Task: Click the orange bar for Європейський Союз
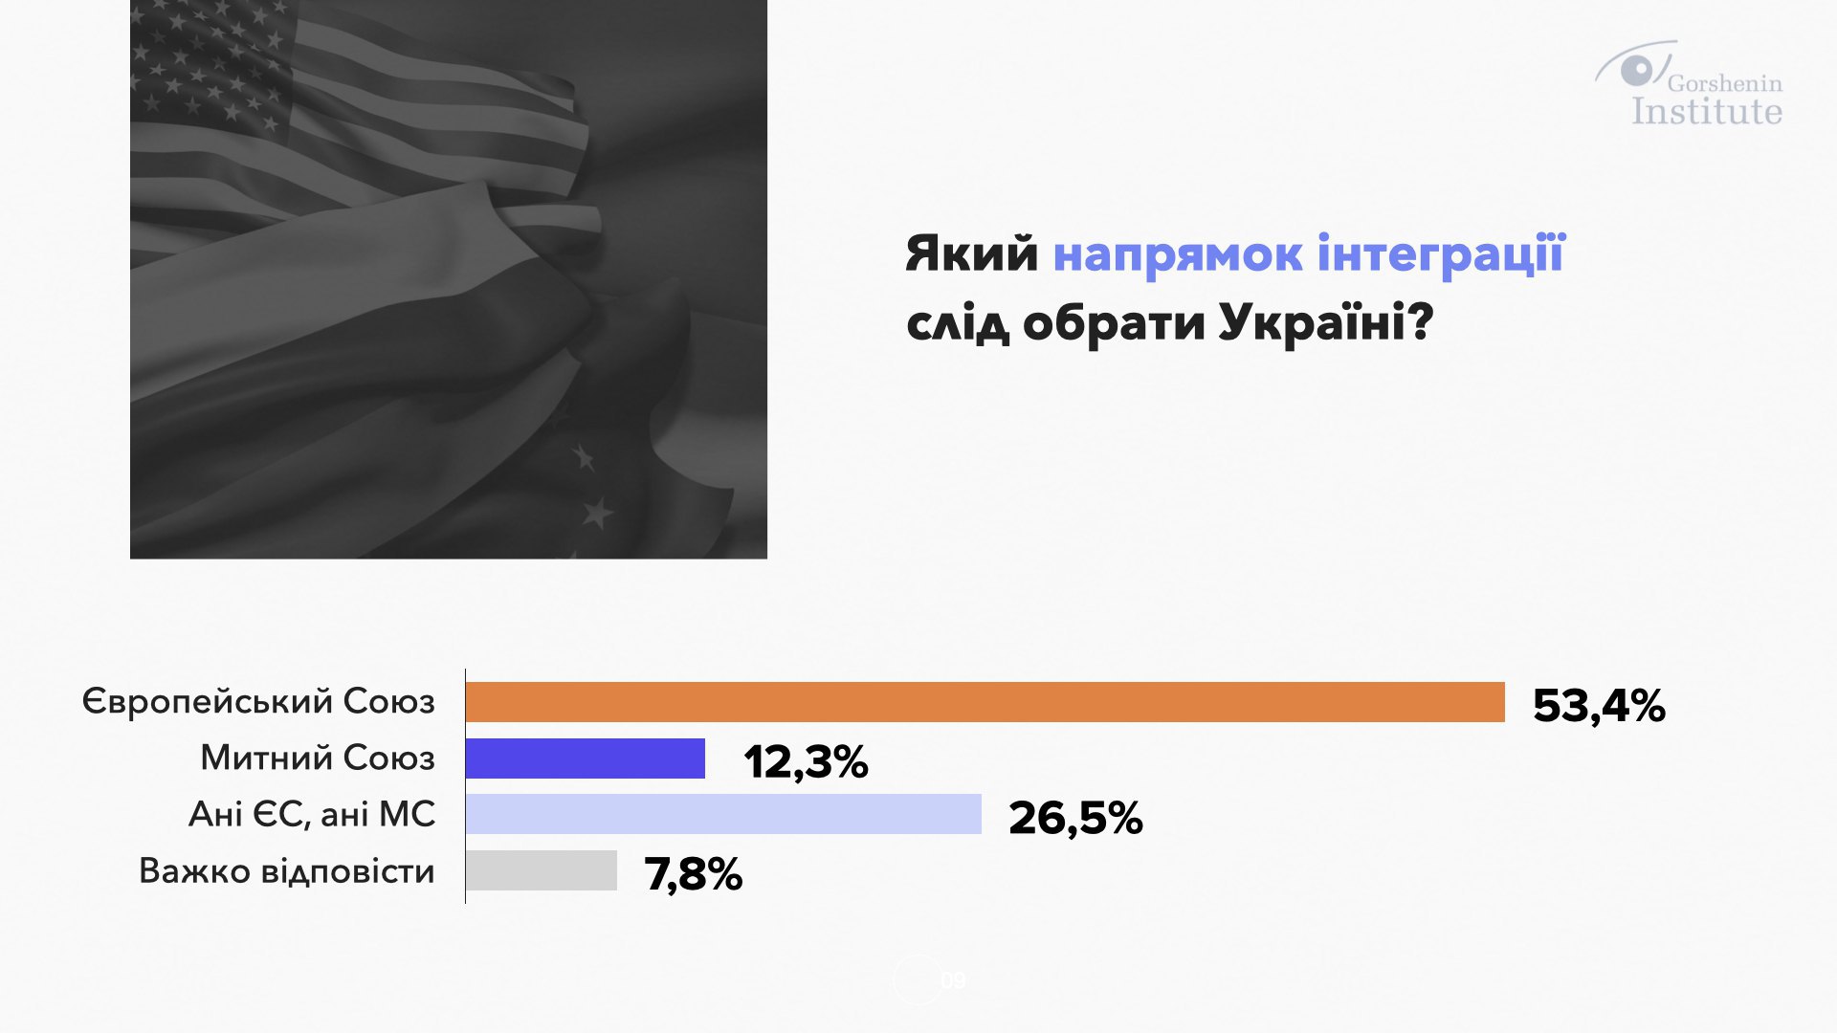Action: point(985,702)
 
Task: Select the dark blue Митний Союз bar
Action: point(586,758)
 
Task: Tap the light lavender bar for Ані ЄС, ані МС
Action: point(723,814)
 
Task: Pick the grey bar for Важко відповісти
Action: point(542,870)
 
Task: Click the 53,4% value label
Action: point(1599,707)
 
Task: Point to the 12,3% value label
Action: point(806,762)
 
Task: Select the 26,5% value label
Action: point(1075,819)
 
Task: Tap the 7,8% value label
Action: point(694,874)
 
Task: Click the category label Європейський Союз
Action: point(258,701)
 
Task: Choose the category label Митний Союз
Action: point(318,758)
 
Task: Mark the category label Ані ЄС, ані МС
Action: point(312,814)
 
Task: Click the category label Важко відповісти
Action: point(287,870)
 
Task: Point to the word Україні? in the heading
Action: point(1326,322)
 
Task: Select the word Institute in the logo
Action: point(1707,111)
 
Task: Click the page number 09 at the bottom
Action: point(953,980)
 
